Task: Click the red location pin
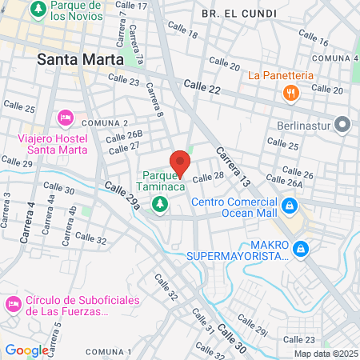point(181,162)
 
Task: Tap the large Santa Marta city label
point(80,59)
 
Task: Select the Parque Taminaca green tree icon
point(161,205)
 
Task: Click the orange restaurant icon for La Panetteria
point(290,93)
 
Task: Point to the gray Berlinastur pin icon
point(343,125)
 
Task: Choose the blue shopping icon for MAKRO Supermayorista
point(301,250)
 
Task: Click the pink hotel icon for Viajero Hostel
point(66,118)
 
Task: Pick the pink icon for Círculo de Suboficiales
point(14,306)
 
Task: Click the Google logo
point(26,350)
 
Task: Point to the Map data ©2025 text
point(324,354)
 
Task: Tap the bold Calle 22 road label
point(201,84)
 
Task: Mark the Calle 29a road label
point(122,196)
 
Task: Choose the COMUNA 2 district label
point(105,122)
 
